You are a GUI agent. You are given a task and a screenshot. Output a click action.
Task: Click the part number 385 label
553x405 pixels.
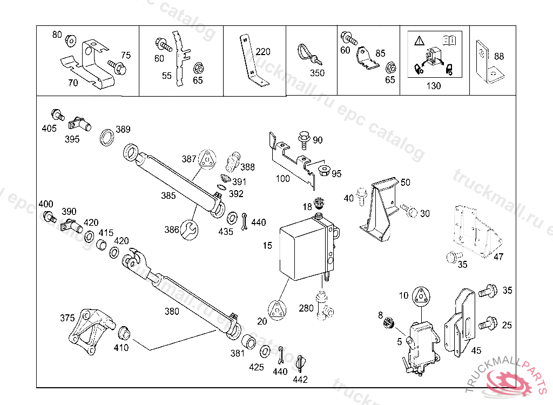(x=168, y=195)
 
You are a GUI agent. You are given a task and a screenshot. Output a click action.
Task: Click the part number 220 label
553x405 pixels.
(x=263, y=52)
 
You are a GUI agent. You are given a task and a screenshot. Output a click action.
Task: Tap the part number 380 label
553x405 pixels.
(x=172, y=311)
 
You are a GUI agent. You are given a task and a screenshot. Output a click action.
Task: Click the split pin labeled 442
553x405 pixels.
(x=301, y=363)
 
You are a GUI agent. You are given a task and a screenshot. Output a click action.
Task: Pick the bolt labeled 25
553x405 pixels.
(x=490, y=324)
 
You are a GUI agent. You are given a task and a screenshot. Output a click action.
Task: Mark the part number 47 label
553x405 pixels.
(x=498, y=257)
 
